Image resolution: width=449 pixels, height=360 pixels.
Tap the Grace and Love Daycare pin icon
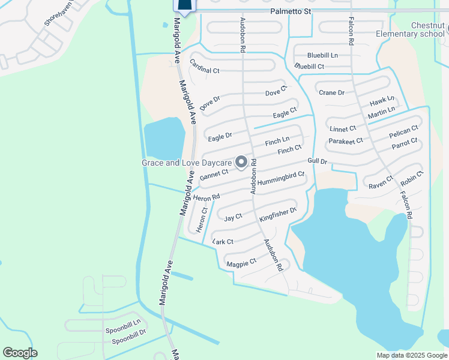click(x=242, y=162)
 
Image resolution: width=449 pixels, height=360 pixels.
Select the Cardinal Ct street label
click(x=205, y=67)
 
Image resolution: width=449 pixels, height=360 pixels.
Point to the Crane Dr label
click(x=331, y=92)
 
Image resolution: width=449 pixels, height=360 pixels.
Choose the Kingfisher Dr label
click(x=278, y=215)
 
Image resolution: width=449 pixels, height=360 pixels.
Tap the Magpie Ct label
click(x=241, y=262)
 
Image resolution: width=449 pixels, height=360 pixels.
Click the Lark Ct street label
click(x=223, y=241)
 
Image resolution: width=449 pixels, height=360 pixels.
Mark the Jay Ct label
click(x=233, y=217)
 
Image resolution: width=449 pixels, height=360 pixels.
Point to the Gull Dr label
click(x=317, y=161)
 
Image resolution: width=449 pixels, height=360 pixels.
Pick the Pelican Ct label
click(x=403, y=131)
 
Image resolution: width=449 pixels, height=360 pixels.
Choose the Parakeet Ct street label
click(x=346, y=141)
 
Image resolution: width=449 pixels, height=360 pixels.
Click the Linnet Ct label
click(x=343, y=128)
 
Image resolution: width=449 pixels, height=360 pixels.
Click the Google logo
click(x=20, y=353)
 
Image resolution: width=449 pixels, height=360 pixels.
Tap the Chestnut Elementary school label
click(x=411, y=29)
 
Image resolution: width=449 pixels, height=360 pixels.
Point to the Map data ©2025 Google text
click(x=411, y=355)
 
